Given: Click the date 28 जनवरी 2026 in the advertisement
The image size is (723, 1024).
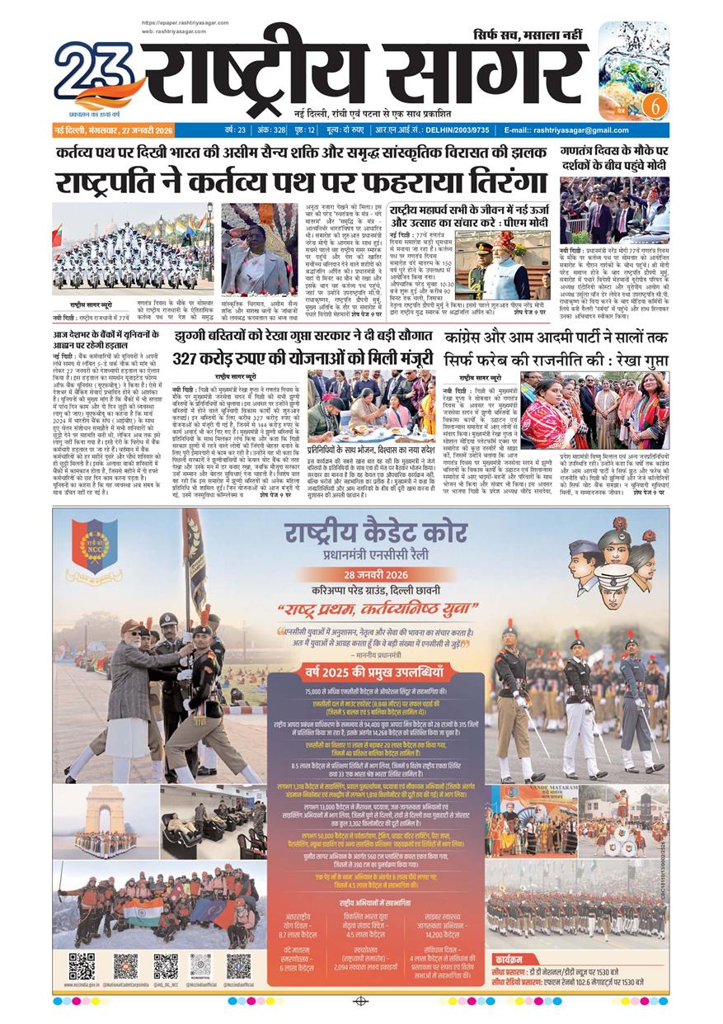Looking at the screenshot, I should tap(358, 575).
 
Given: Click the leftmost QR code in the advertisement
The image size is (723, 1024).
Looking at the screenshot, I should tap(81, 965).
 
